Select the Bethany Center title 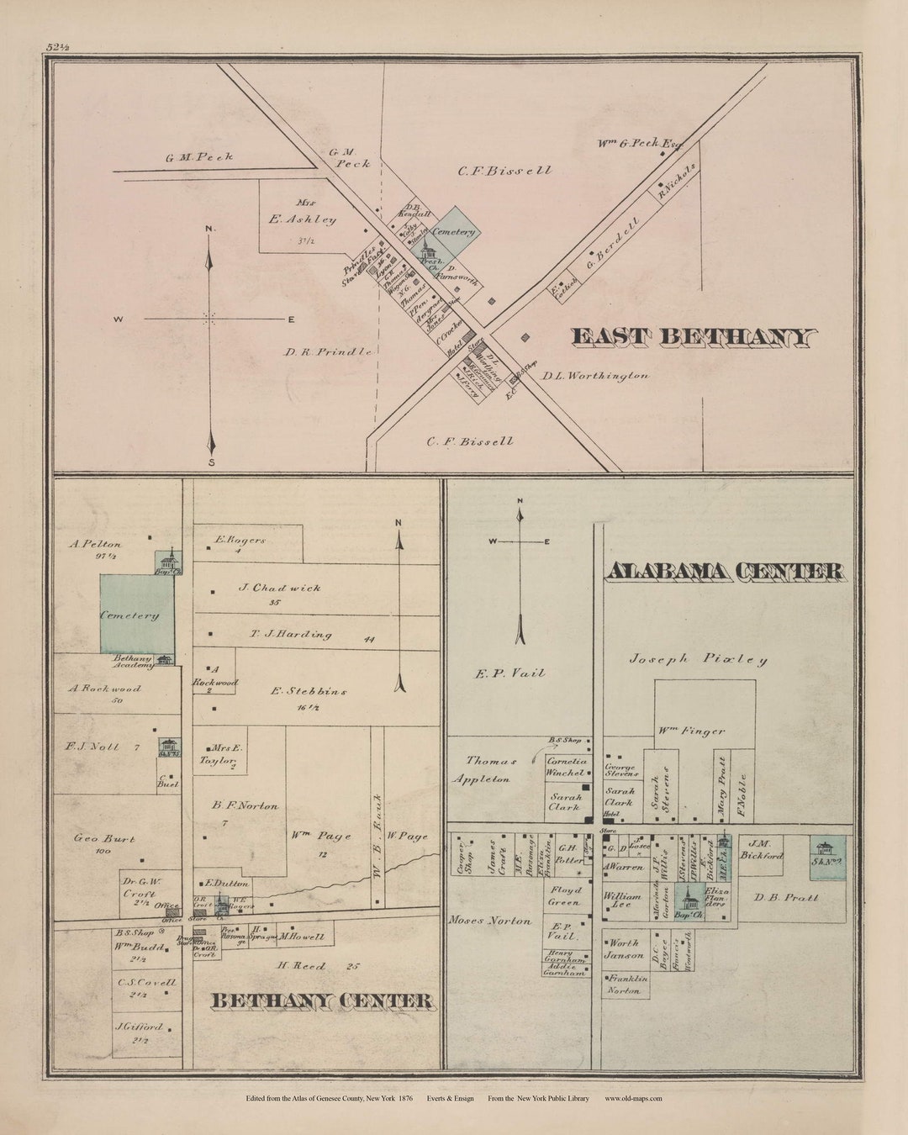point(322,1000)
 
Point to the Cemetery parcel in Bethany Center point(130,615)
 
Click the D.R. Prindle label point(328,351)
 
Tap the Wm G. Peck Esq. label point(639,143)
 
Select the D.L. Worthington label point(595,376)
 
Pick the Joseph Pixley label point(698,659)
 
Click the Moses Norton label point(490,921)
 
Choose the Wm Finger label point(691,731)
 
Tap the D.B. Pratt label point(785,897)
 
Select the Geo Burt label point(104,838)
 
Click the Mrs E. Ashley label point(303,214)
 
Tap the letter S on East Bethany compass point(212,462)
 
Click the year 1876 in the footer point(406,1098)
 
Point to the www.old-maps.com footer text point(633,1098)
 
